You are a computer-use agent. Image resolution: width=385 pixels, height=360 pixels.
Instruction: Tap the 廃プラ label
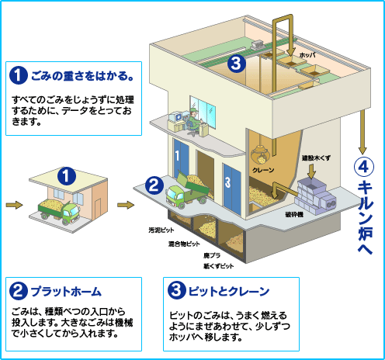(x=210, y=255)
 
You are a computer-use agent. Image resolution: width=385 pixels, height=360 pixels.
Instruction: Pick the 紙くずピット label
(x=218, y=265)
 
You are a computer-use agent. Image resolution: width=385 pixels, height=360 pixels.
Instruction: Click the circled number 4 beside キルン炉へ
(x=363, y=166)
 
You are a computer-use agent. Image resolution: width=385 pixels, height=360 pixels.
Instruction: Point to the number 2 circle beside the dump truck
(x=154, y=185)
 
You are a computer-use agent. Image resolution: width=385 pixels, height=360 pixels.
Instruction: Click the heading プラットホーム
(x=65, y=292)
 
